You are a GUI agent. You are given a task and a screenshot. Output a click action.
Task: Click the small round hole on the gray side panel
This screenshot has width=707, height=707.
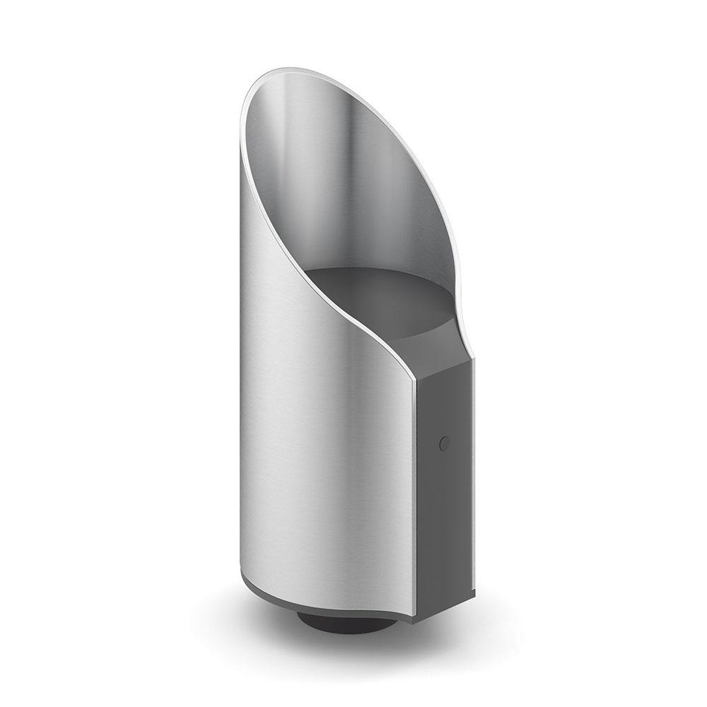pos(444,443)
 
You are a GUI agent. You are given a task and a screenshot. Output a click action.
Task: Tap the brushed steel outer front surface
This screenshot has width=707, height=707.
pos(318,424)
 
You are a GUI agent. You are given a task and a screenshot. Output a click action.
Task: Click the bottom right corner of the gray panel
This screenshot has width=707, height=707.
pos(472,592)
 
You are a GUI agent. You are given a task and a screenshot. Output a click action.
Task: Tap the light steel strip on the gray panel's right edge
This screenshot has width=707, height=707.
pos(473,481)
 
